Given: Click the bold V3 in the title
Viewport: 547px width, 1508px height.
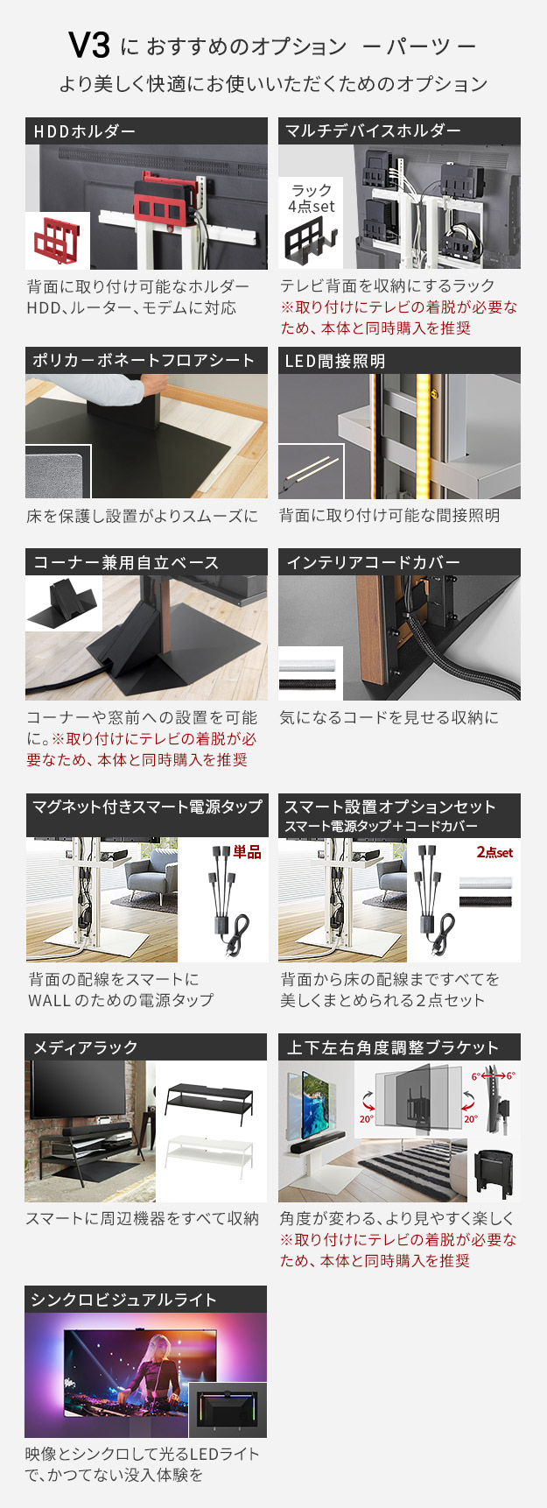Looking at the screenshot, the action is tap(89, 46).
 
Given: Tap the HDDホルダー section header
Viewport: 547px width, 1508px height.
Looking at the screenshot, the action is tap(146, 131).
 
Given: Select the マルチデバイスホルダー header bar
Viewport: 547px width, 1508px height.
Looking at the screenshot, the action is tap(399, 131).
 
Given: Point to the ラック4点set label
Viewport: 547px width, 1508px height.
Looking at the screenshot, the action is tap(312, 199).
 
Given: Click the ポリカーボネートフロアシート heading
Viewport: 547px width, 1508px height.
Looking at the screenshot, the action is tap(146, 361).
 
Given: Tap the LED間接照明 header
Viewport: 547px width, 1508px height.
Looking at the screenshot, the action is tap(399, 361).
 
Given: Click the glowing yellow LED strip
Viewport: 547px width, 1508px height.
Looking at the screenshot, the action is tap(424, 436).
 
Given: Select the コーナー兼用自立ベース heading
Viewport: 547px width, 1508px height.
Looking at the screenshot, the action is tap(146, 562).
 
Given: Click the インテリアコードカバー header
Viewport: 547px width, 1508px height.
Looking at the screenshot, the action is tap(399, 562).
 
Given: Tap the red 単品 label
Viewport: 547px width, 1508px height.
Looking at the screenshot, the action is tap(247, 852).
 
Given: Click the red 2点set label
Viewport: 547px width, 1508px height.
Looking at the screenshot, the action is tap(494, 852).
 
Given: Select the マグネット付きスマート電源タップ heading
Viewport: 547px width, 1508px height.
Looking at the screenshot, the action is tap(146, 807).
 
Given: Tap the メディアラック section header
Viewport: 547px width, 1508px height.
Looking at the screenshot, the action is tap(146, 1047).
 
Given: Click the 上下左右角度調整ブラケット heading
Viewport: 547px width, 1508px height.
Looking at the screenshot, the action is tap(399, 1047).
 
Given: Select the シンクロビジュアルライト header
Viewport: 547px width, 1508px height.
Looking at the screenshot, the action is tap(146, 1300).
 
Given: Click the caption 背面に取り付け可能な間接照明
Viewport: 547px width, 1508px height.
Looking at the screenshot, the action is tap(389, 516).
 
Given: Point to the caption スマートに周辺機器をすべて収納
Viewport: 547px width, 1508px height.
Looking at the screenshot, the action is tap(142, 1218).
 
